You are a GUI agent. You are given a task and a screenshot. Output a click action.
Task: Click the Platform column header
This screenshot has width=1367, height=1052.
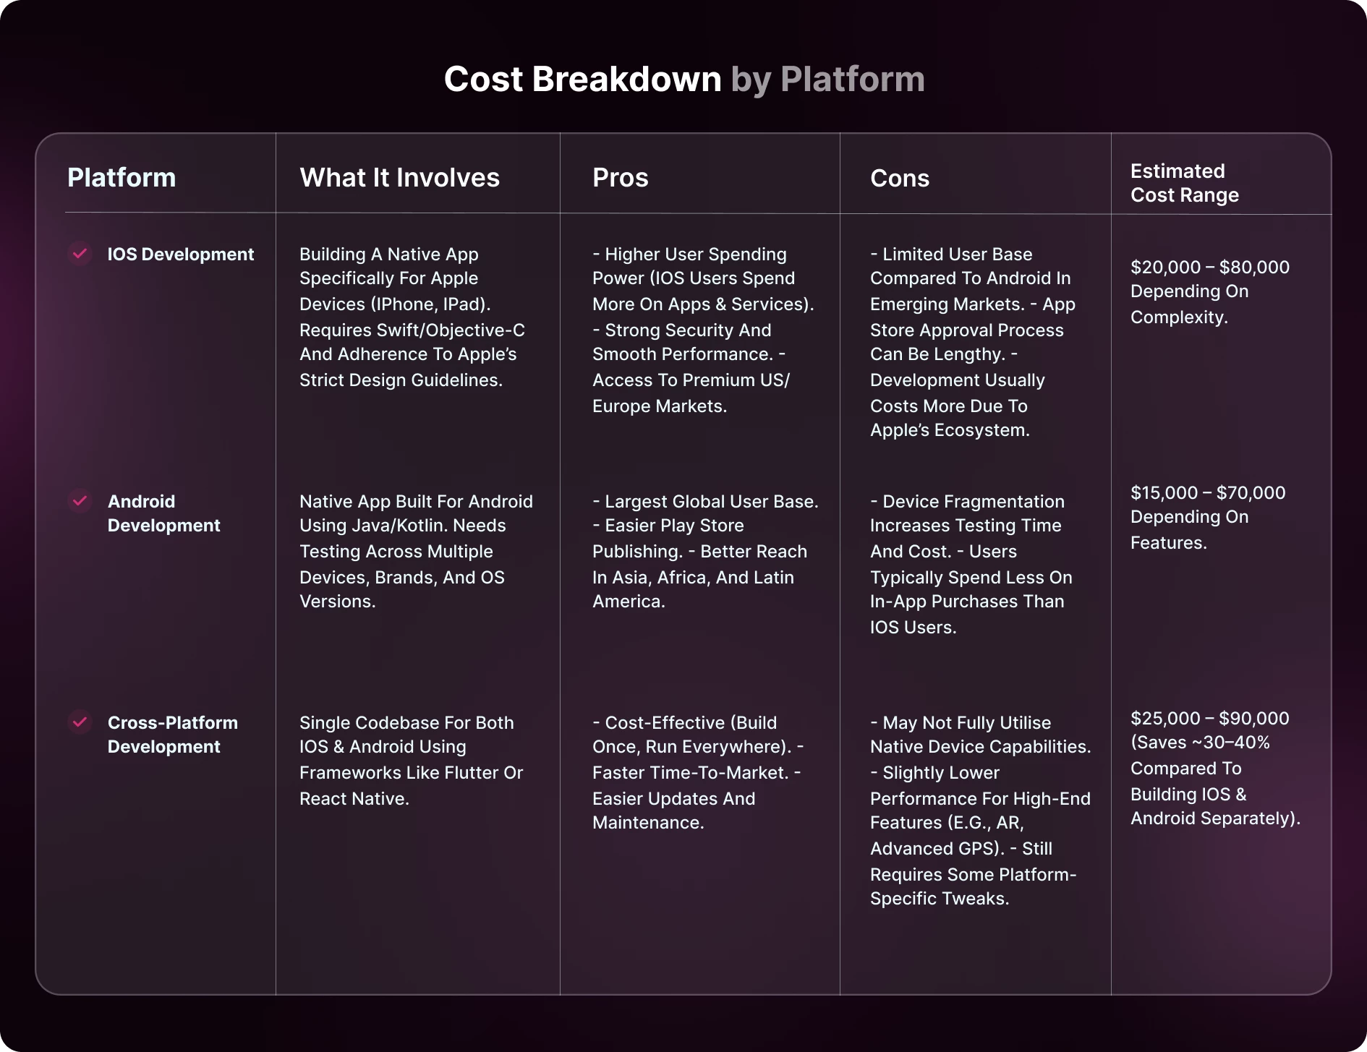(122, 178)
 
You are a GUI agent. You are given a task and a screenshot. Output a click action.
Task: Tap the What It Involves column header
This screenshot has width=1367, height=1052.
(399, 178)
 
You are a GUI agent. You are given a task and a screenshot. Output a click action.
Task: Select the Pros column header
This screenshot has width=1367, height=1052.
(620, 178)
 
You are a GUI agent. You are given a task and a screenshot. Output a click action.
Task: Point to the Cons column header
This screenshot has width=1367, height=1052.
(900, 179)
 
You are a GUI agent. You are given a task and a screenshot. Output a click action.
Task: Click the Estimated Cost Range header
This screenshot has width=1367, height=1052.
(1185, 183)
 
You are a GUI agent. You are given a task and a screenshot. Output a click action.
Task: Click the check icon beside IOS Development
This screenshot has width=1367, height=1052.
(80, 253)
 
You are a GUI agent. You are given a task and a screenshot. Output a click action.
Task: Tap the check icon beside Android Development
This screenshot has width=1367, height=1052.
(80, 500)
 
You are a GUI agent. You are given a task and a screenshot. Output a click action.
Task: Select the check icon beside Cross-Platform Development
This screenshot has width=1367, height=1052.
(80, 722)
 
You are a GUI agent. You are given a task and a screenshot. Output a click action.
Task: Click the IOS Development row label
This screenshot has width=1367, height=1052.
(181, 255)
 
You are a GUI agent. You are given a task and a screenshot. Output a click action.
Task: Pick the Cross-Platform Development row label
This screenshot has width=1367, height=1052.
(173, 735)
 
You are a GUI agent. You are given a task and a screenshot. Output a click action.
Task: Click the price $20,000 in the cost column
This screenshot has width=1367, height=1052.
(1166, 268)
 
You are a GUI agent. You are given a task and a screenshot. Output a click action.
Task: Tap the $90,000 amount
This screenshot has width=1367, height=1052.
(1254, 719)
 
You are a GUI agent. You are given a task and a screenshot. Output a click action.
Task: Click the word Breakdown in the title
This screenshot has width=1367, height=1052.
(626, 80)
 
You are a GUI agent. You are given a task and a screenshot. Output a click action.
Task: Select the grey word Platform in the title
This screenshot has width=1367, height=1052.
(853, 80)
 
